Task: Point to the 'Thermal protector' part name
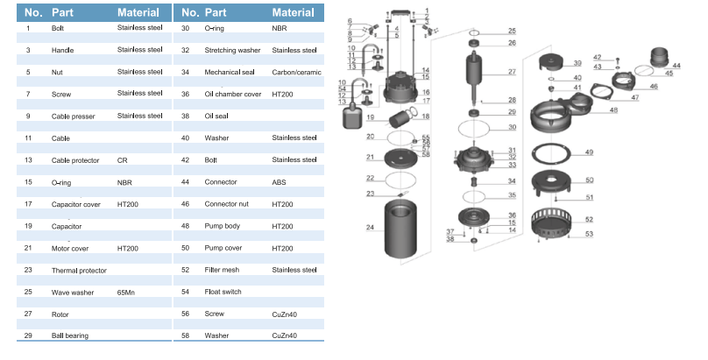tap(79, 270)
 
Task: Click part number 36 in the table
tap(186, 94)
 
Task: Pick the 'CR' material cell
tap(123, 160)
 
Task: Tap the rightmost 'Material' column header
tap(293, 13)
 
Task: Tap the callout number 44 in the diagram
tap(676, 66)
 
